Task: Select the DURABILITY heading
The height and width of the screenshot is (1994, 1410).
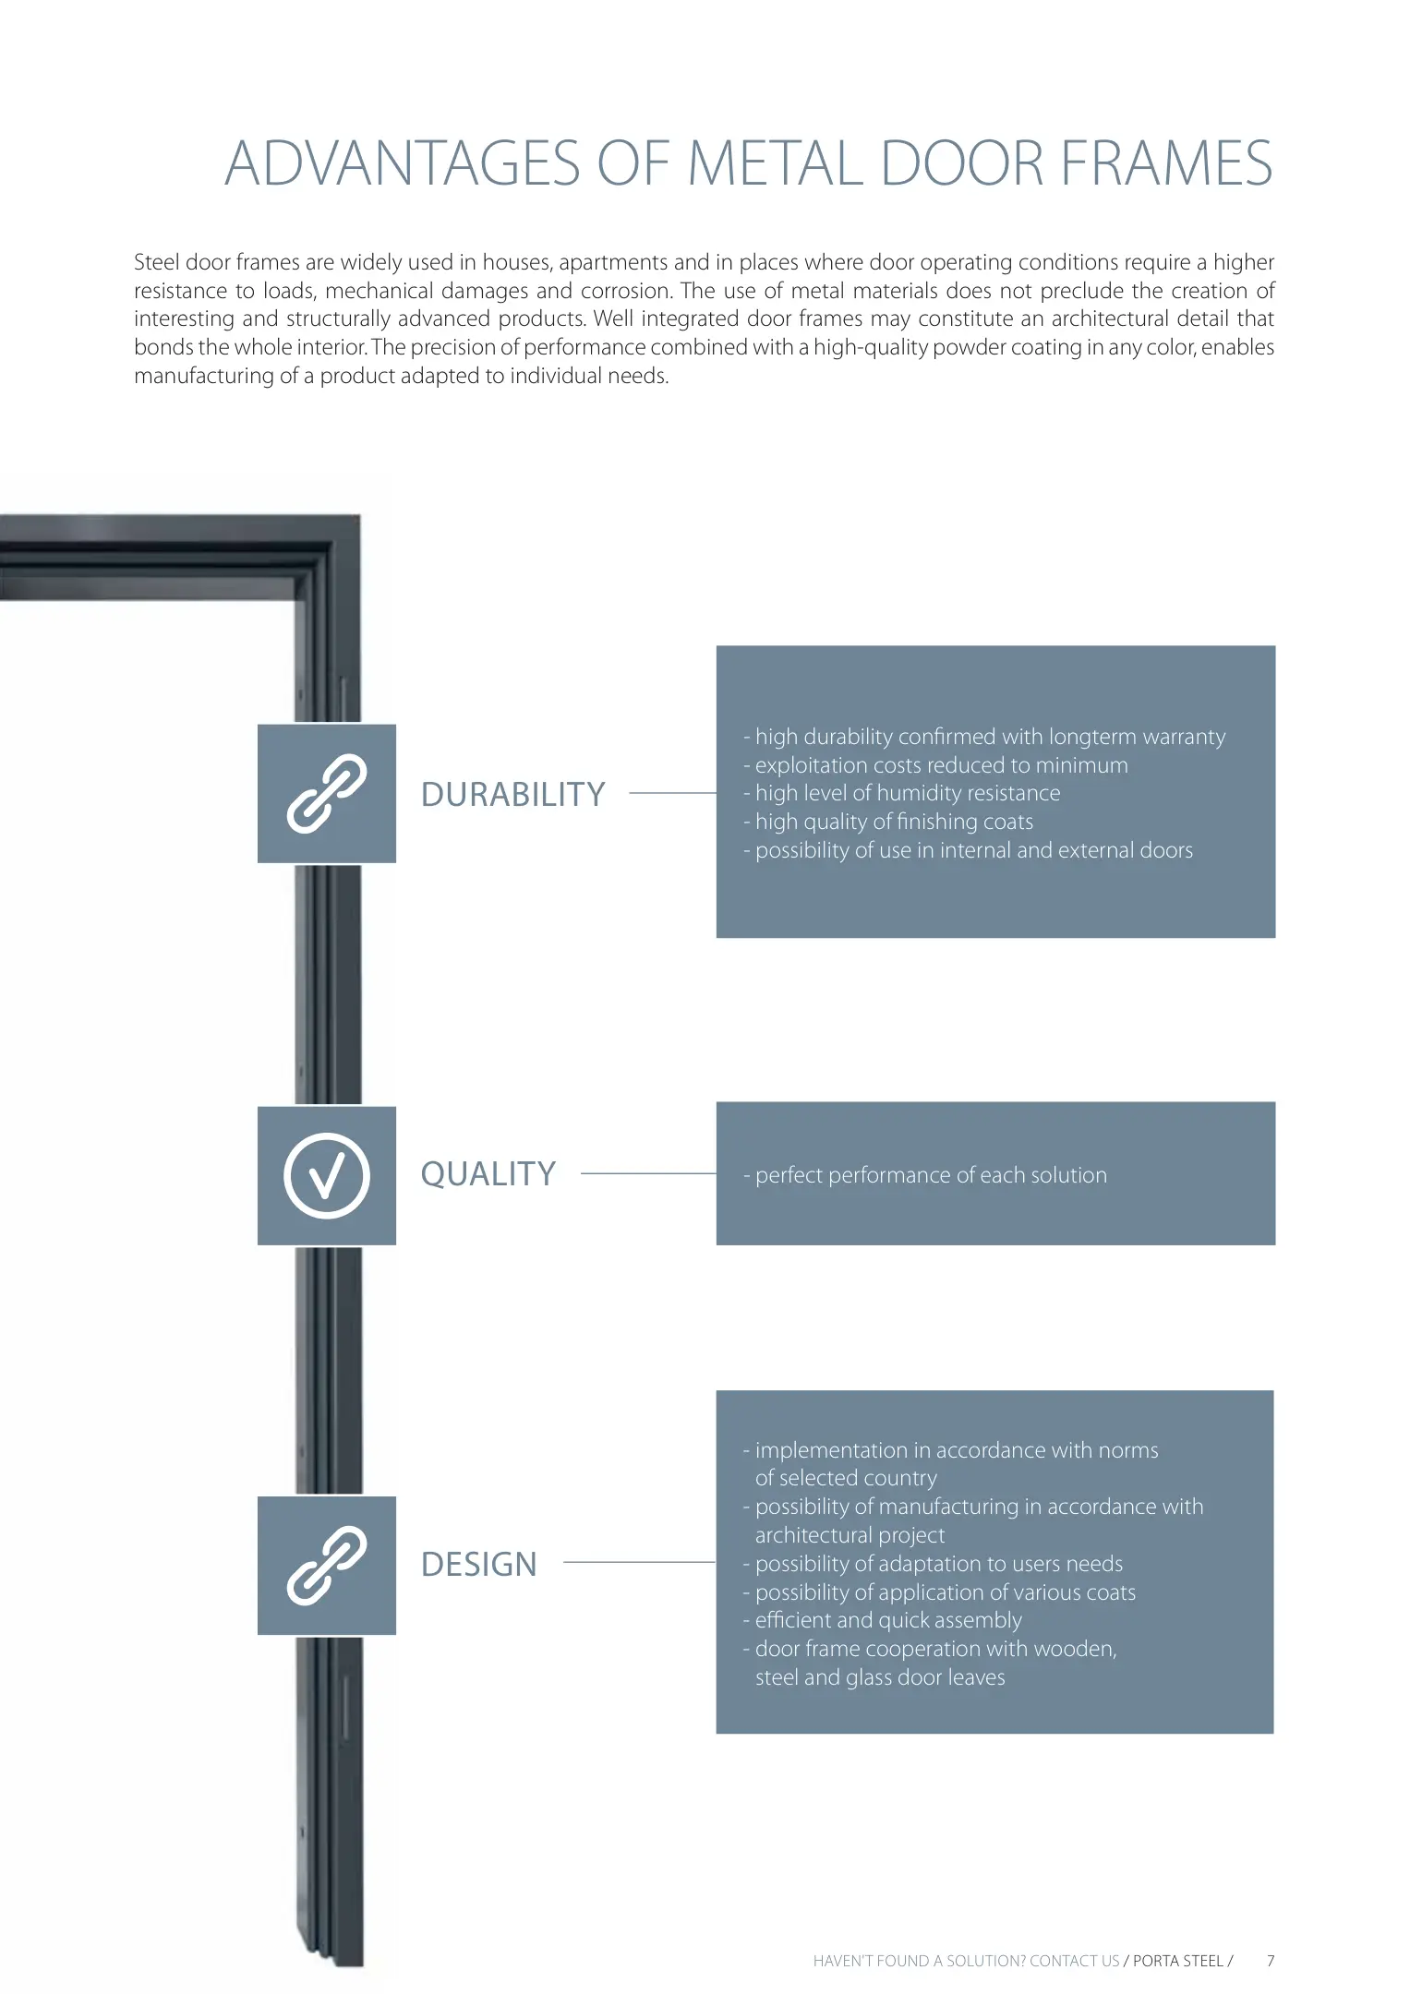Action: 512,794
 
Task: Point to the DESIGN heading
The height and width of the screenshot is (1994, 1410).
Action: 478,1564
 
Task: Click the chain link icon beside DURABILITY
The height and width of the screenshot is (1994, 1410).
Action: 327,794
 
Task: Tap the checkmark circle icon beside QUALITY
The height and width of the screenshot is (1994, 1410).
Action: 327,1175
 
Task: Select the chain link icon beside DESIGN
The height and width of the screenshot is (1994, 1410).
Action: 327,1566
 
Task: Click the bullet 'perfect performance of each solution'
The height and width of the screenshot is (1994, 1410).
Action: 930,1175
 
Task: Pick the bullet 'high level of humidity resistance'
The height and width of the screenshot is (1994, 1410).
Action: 907,793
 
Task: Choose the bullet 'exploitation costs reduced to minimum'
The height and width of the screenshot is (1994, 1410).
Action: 940,765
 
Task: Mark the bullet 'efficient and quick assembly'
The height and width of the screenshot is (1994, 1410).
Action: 887,1620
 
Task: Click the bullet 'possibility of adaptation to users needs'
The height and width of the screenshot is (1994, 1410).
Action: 938,1564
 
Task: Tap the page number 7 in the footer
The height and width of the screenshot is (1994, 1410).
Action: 1271,1961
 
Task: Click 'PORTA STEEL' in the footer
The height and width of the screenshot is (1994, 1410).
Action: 1177,1961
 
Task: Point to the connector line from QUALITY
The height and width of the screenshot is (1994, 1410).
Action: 648,1173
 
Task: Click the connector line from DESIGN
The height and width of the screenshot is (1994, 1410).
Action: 639,1562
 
